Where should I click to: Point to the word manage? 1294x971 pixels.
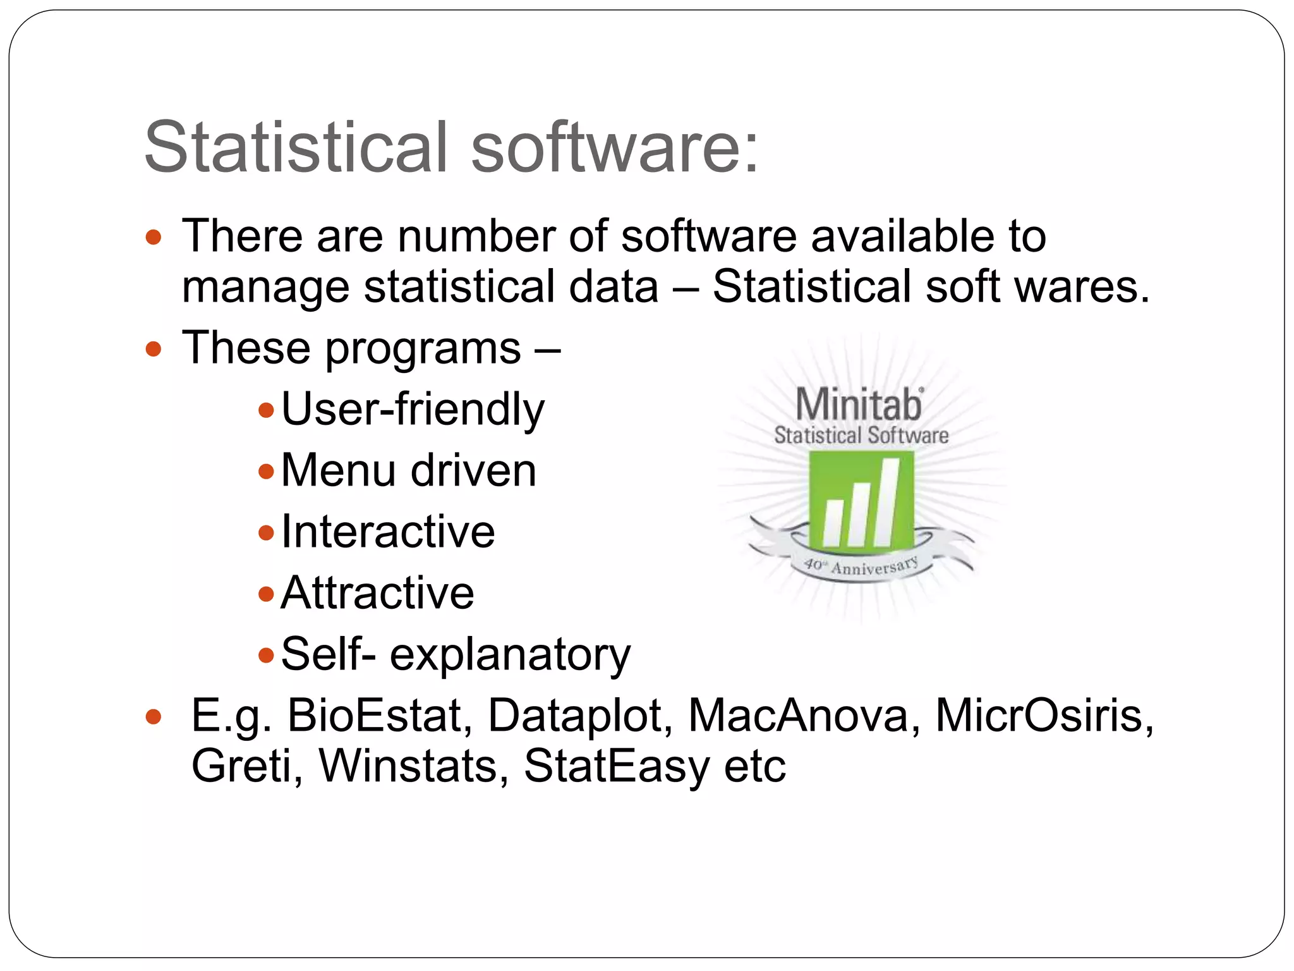point(265,288)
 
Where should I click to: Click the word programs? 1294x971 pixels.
point(423,349)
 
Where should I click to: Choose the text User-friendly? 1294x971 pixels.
point(412,410)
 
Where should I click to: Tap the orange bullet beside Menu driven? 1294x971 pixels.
point(266,471)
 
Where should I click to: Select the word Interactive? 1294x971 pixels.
point(388,532)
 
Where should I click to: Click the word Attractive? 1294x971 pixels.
point(377,593)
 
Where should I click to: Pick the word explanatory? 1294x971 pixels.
point(510,655)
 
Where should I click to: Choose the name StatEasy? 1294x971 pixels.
point(617,767)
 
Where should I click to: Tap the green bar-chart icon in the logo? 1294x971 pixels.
point(861,501)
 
